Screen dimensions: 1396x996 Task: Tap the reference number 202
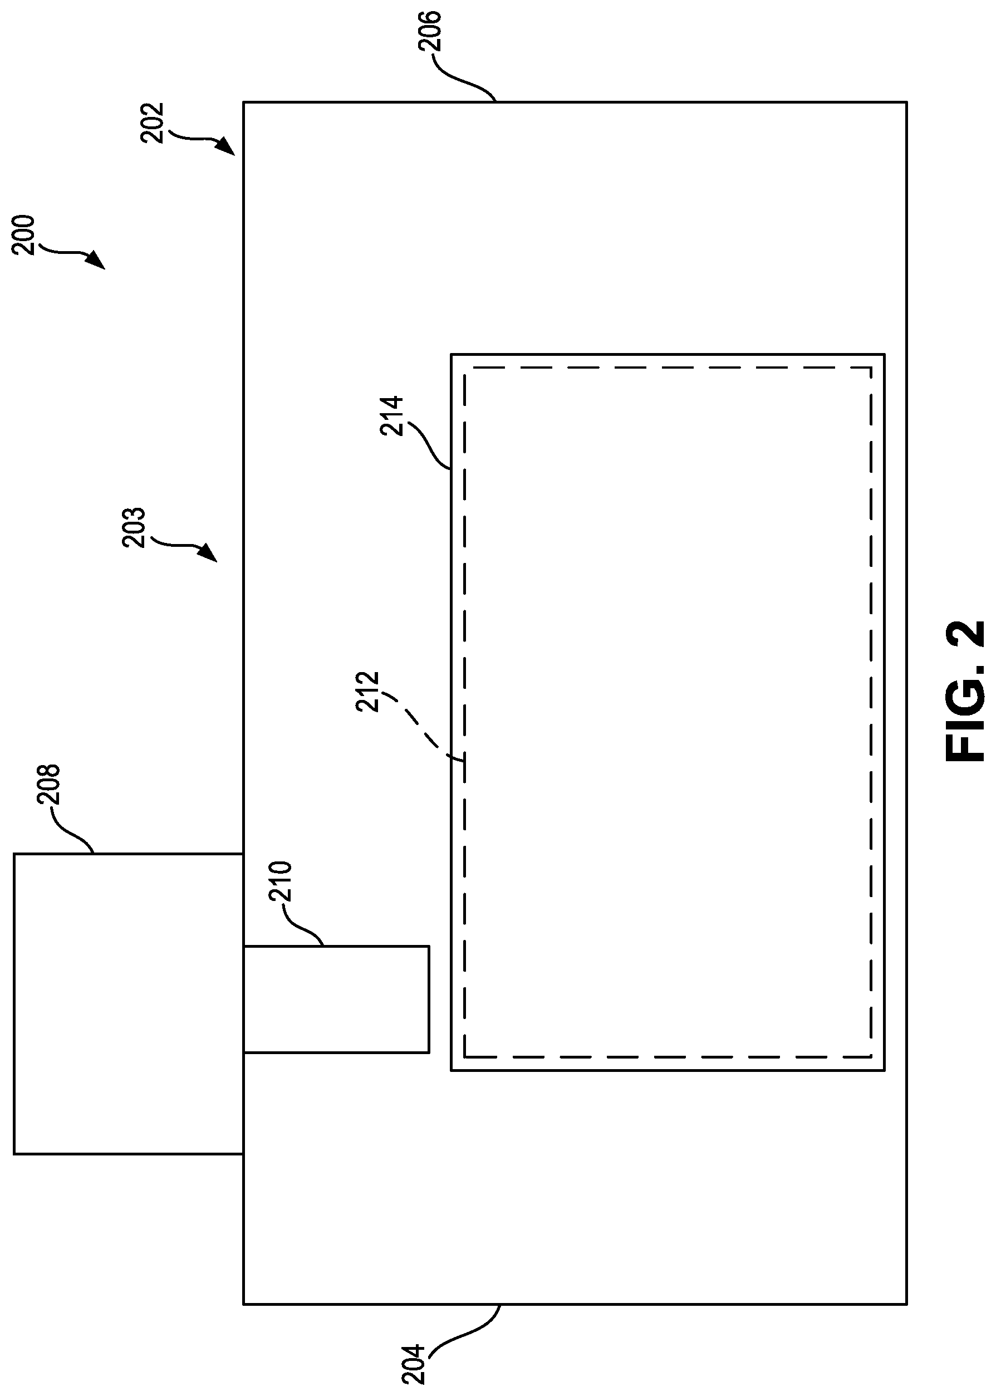[152, 123]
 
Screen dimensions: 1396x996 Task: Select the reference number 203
[134, 527]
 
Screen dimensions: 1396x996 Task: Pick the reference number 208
[48, 784]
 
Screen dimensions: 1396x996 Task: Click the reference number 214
[391, 416]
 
